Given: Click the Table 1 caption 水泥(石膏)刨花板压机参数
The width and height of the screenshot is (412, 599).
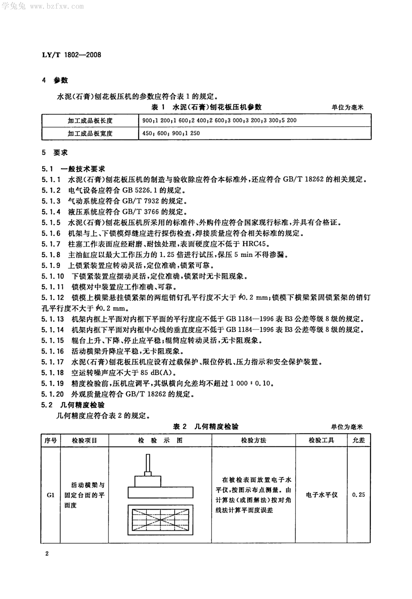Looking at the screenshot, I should (217, 107).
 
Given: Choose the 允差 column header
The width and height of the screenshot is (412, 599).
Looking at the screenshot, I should (359, 440).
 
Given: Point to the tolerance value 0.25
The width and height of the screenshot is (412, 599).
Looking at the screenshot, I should (359, 495).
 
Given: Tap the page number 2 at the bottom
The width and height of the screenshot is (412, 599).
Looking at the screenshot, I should (47, 554).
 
